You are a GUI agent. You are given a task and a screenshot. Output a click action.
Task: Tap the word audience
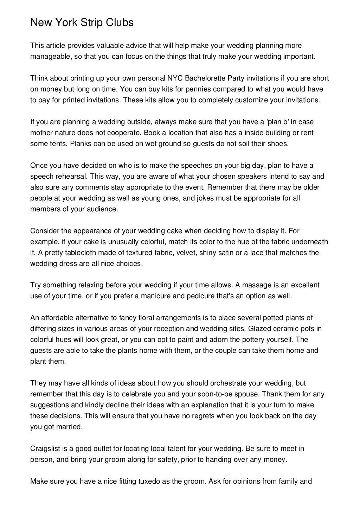tap(102, 209)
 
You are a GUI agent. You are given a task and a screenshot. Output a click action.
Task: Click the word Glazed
tap(258, 329)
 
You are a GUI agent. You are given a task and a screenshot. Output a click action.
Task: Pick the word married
tap(70, 427)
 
